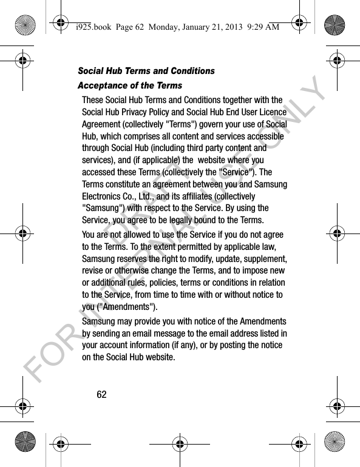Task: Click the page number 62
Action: tap(101, 394)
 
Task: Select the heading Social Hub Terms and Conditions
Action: tap(146, 71)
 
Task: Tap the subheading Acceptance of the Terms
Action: tap(130, 86)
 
